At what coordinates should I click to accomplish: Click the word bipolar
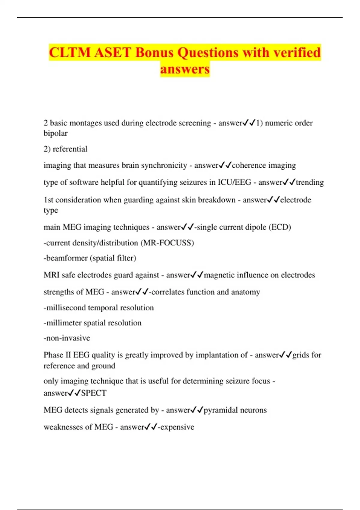tap(55, 133)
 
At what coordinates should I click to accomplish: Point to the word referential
tap(70, 149)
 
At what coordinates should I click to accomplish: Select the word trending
tap(310, 182)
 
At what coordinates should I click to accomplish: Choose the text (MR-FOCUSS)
tap(167, 243)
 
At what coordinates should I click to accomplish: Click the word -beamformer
tap(65, 258)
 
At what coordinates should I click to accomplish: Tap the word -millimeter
tap(62, 323)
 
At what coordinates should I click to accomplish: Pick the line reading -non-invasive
tap(67, 338)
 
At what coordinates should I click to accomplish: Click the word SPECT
tap(94, 393)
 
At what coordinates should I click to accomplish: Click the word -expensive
tap(176, 427)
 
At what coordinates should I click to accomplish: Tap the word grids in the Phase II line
tap(301, 355)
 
